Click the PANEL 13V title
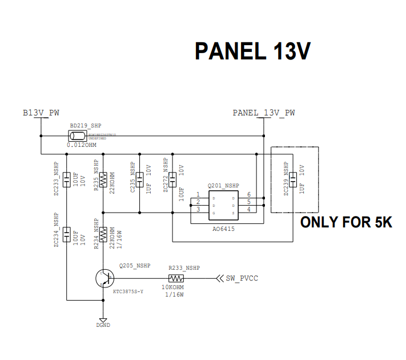pyautogui.click(x=252, y=51)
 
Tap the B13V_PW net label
pyautogui.click(x=41, y=113)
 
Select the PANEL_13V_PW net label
pyautogui.click(x=263, y=113)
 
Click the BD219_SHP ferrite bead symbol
pyautogui.click(x=77, y=136)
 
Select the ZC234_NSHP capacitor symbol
pyautogui.click(x=67, y=235)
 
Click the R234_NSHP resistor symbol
pyautogui.click(x=103, y=234)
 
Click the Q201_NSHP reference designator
pyautogui.click(x=223, y=186)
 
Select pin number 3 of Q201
pyautogui.click(x=198, y=210)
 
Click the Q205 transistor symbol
pyautogui.click(x=104, y=279)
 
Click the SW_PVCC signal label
pyautogui.click(x=242, y=278)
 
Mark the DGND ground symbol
pyautogui.click(x=103, y=321)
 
